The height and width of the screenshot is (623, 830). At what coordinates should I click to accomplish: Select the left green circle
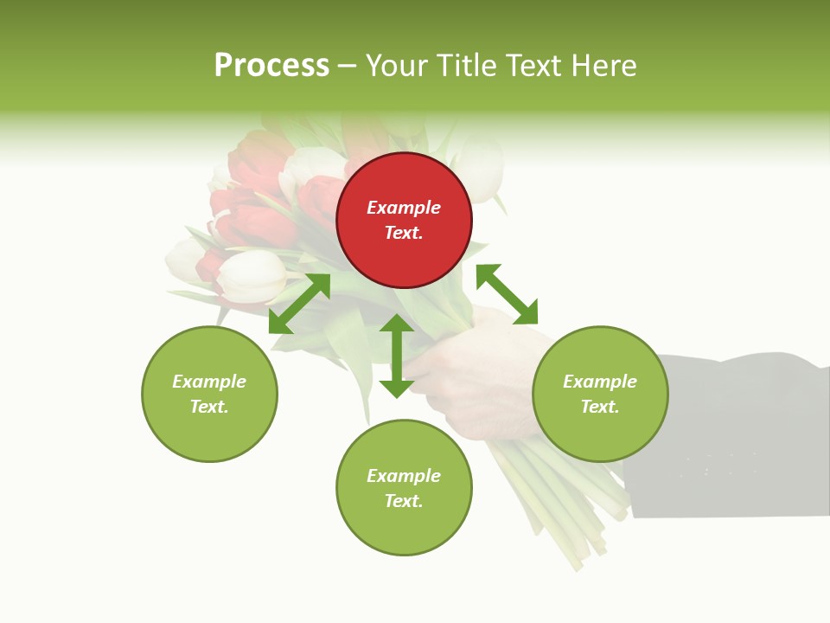click(x=209, y=394)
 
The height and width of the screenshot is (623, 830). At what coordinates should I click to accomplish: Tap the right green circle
click(x=600, y=394)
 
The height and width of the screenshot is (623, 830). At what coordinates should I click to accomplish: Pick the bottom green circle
click(x=404, y=488)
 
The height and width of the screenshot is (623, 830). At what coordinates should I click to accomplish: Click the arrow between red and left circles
click(x=299, y=304)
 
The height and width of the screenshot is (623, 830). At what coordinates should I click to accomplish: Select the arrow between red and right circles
click(x=507, y=294)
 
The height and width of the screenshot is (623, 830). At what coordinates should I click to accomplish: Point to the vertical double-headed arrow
click(x=397, y=356)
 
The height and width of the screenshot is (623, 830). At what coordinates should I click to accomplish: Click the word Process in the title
click(x=271, y=66)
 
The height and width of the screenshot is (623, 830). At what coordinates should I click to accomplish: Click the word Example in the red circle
click(x=404, y=208)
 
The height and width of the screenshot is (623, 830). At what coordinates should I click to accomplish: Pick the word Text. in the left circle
click(x=209, y=407)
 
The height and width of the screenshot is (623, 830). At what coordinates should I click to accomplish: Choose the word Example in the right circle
click(x=600, y=382)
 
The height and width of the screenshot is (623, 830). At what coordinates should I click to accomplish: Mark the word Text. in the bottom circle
click(x=404, y=501)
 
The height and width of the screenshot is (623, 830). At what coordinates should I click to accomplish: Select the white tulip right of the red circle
click(x=480, y=169)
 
